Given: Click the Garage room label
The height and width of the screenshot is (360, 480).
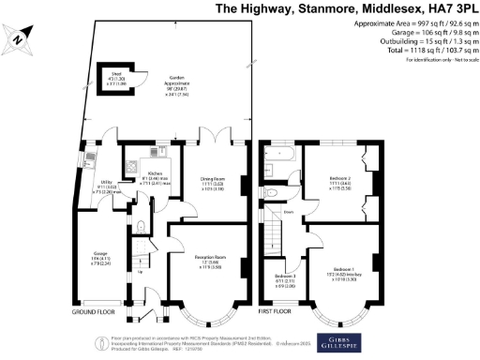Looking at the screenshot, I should click(x=101, y=255).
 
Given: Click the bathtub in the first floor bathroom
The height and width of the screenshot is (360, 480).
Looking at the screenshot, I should click(x=278, y=153).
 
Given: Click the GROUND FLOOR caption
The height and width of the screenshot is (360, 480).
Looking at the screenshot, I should click(x=93, y=310).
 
